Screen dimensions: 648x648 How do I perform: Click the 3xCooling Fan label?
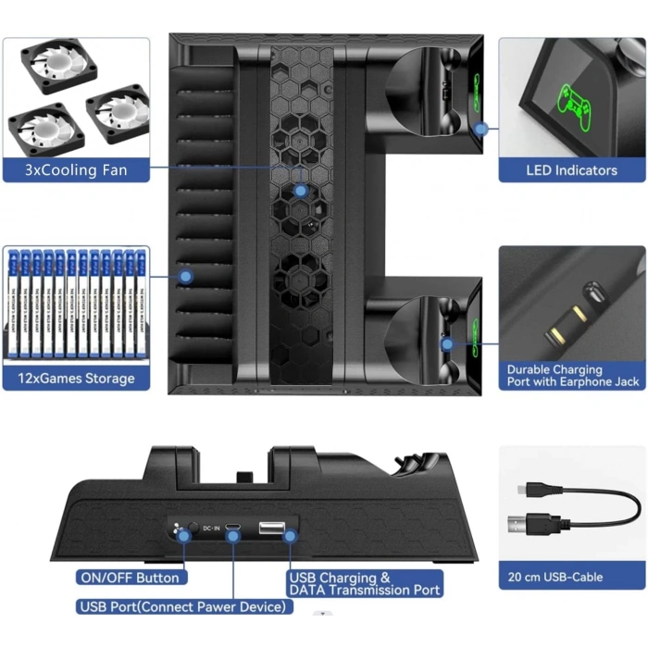tap(76, 170)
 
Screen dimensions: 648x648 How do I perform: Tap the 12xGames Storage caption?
tap(76, 378)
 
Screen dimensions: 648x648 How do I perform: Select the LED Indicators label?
tap(571, 170)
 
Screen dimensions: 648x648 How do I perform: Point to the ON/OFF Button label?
tap(131, 578)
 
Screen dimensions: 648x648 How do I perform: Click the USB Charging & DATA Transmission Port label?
tap(365, 584)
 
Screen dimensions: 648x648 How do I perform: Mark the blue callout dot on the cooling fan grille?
tap(300, 191)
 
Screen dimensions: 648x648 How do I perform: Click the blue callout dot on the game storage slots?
tap(185, 276)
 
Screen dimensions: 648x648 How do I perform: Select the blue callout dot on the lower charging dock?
tap(448, 344)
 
